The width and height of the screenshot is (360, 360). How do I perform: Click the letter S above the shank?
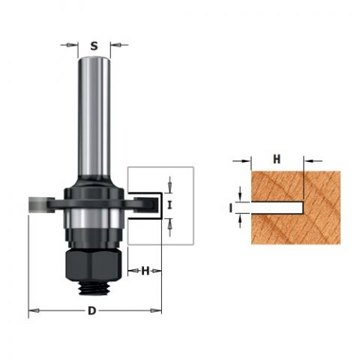[94, 46]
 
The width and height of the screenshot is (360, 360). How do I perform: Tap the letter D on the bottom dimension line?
[92, 311]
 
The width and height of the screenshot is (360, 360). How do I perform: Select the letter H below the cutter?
[145, 271]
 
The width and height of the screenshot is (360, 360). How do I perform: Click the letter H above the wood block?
[277, 159]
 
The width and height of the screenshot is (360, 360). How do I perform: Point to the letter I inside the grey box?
[169, 205]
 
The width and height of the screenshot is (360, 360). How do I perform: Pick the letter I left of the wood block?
[230, 208]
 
